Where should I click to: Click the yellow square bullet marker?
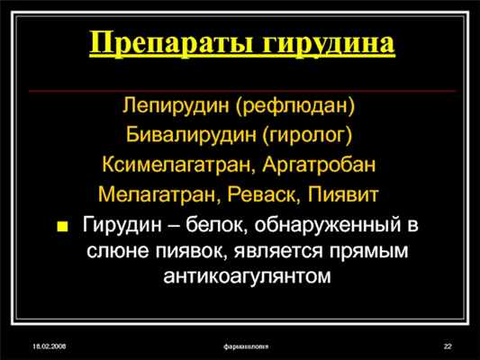pos(63,225)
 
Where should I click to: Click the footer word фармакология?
pos(250,346)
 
